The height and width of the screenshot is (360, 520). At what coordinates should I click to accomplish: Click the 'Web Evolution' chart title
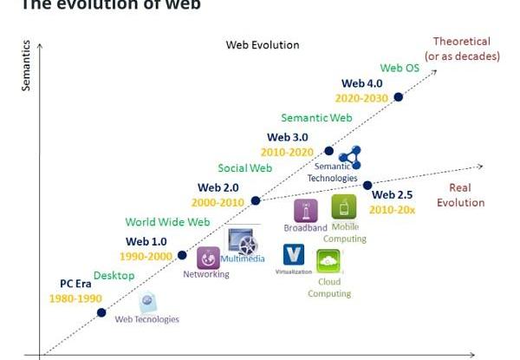263,45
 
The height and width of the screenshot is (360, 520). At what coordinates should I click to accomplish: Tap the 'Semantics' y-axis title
26,65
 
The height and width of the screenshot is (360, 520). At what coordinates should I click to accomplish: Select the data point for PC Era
101,312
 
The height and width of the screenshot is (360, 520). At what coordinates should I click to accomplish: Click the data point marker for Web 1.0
182,255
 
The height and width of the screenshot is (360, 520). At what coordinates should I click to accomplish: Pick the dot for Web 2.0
256,200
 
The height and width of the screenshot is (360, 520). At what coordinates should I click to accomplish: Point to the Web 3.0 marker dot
328,150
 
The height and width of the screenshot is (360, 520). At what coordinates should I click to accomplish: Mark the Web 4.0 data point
399,97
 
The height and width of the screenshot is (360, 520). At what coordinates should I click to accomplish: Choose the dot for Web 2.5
367,185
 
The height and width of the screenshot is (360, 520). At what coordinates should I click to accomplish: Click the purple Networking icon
208,258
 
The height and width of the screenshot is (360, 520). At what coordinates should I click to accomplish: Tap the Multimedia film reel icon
241,241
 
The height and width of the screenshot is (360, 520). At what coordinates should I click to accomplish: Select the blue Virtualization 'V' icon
294,254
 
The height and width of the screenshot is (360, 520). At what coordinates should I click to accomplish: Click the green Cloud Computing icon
328,261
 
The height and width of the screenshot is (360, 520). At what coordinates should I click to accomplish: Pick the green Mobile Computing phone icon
344,207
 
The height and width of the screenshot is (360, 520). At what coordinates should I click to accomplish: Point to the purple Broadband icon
305,211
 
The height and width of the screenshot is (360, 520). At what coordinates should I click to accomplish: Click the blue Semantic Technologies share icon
349,157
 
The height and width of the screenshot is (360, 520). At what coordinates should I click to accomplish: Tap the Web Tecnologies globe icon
148,302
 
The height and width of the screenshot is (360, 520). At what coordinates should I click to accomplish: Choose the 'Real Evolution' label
460,195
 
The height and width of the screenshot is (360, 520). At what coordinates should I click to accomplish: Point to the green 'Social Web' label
244,168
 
